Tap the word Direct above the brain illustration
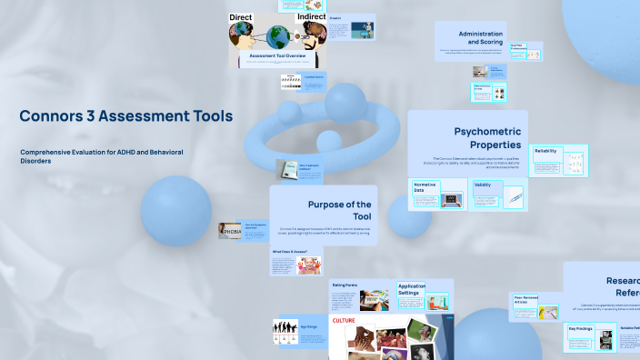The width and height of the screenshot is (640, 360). (240, 16)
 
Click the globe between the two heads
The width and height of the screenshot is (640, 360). (277, 37)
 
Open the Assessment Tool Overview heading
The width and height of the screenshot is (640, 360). (277, 56)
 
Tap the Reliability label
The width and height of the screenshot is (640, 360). (546, 151)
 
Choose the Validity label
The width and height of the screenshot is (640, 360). (483, 185)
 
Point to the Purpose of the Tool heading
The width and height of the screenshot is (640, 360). (339, 210)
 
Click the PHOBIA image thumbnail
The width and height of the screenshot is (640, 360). (229, 231)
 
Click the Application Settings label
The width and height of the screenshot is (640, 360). (412, 289)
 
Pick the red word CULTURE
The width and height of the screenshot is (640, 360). (344, 321)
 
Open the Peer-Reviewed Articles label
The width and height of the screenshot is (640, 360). (527, 300)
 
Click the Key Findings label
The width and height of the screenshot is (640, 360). (581, 328)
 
